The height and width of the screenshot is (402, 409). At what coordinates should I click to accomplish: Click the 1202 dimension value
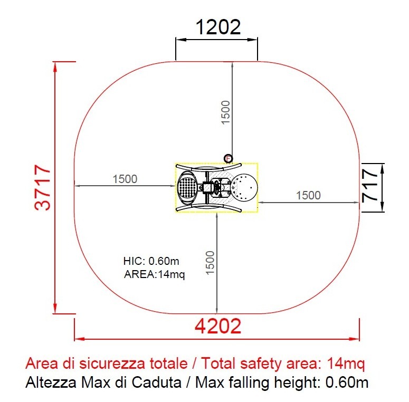click(x=218, y=27)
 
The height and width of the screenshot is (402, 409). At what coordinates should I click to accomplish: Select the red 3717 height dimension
click(x=43, y=187)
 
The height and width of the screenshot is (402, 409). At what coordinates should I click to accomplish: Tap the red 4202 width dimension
click(x=218, y=326)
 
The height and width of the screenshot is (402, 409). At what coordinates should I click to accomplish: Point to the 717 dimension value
click(x=370, y=185)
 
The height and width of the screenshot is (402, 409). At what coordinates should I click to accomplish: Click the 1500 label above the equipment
click(x=226, y=112)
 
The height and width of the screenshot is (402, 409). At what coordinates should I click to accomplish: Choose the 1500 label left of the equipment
click(x=125, y=179)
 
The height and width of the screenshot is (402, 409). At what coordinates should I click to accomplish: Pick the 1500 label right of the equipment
click(x=308, y=195)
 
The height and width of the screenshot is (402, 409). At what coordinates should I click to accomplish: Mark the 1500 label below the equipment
click(x=210, y=263)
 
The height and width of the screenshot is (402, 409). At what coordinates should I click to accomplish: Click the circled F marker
click(x=228, y=158)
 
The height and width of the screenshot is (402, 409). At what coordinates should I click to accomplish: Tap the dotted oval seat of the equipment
click(x=187, y=187)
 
